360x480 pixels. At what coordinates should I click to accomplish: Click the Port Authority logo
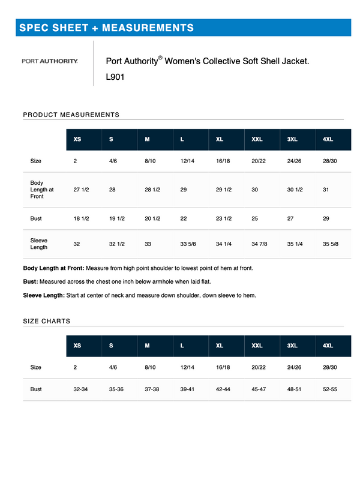coord(50,61)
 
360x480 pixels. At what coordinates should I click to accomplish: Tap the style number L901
coord(115,77)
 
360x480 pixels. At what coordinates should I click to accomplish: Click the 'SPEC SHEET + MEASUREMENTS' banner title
coord(106,28)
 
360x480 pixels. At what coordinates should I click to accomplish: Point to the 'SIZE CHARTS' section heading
coord(46,321)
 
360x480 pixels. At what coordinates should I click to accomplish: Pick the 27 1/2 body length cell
coord(81,190)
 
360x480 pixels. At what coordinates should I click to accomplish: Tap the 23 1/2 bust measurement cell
coord(224,218)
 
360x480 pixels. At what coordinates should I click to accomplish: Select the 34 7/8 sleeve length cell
coord(259,244)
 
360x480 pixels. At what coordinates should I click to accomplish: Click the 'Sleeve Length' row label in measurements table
coord(39,244)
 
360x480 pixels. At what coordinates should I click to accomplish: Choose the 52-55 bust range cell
coord(330,389)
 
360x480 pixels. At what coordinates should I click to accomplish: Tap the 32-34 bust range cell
coord(81,389)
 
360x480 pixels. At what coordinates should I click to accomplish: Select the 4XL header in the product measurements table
coord(328,140)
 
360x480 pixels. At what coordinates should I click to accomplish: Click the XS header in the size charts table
coord(77,346)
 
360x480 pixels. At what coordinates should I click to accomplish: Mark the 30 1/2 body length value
coord(295,190)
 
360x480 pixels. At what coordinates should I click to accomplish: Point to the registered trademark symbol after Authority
coord(160,58)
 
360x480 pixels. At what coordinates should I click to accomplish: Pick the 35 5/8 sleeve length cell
coord(331,244)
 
